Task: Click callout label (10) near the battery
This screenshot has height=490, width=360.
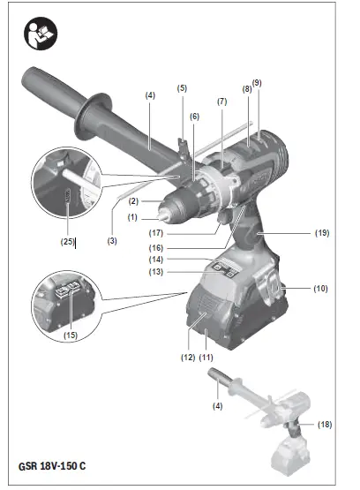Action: (320, 288)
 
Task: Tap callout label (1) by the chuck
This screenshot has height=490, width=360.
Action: (133, 216)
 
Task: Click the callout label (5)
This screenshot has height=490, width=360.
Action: (182, 88)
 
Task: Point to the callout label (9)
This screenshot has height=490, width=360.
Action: (257, 83)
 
